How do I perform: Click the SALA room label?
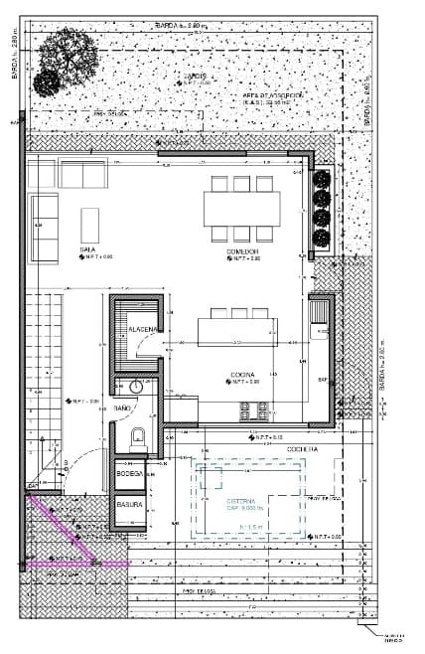tap(87, 249)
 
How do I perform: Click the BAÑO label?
tap(122, 409)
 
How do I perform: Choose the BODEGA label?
tap(130, 474)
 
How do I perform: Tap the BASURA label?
tap(129, 504)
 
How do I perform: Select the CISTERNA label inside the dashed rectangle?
tap(242, 500)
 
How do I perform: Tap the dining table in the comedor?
tap(241, 207)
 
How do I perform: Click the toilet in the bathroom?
tap(137, 433)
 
